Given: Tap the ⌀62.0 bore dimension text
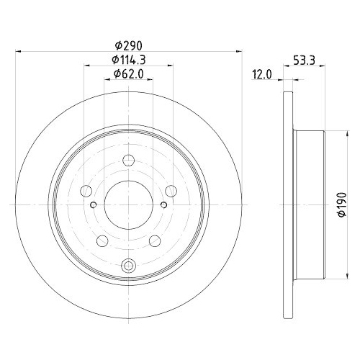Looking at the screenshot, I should (128, 73).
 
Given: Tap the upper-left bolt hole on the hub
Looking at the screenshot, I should (86, 191).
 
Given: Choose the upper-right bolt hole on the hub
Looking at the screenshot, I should (171, 191).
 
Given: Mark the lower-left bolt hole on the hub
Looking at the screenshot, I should (102, 240).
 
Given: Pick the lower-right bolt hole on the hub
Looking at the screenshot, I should (155, 240).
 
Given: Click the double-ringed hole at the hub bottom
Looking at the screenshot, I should (128, 264).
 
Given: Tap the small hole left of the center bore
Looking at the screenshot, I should (94, 204).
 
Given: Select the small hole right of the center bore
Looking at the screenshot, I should (163, 204).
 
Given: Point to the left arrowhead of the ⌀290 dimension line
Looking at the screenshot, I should (19, 51).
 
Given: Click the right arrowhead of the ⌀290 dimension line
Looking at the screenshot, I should (236, 51).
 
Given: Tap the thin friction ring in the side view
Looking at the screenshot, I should (290, 204).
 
